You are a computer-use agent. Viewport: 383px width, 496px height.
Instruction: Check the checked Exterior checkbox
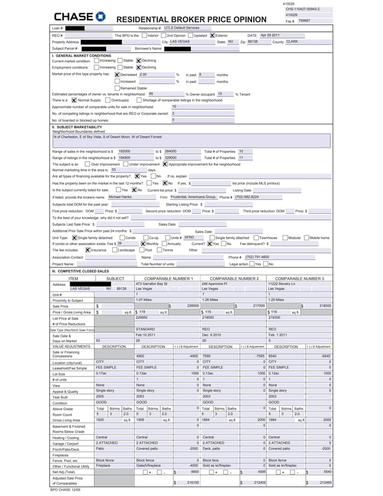[x=213, y=35]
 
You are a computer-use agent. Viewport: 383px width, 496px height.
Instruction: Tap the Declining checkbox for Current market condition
[x=139, y=61]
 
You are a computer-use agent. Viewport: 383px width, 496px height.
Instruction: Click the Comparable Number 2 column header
[x=230, y=279]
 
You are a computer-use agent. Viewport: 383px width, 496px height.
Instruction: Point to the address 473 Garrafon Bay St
[x=151, y=283]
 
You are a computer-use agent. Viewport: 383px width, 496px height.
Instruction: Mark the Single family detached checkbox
[x=74, y=238]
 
